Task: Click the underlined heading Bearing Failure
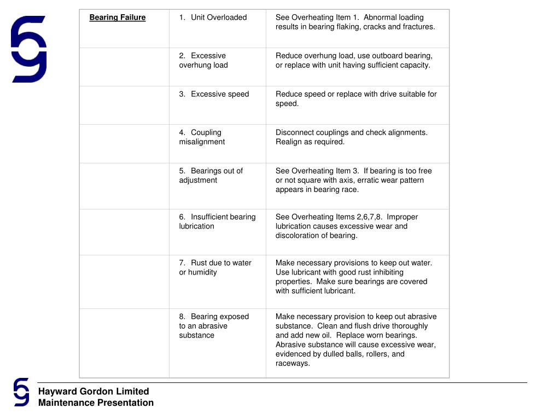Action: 118,17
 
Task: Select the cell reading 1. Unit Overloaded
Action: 213,17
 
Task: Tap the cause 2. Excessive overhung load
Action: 203,60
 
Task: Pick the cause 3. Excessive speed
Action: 214,94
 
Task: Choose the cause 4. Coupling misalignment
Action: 202,137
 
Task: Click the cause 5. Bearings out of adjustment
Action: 211,176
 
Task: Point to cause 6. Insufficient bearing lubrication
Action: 217,221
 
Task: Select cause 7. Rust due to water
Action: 215,267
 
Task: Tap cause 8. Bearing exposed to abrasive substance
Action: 214,326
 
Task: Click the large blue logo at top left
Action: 29,49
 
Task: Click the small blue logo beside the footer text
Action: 21,392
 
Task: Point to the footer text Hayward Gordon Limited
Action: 94,392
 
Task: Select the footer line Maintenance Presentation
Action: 96,403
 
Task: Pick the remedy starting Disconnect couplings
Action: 352,137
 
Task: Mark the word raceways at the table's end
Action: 293,363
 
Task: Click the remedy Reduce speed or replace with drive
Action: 356,98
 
